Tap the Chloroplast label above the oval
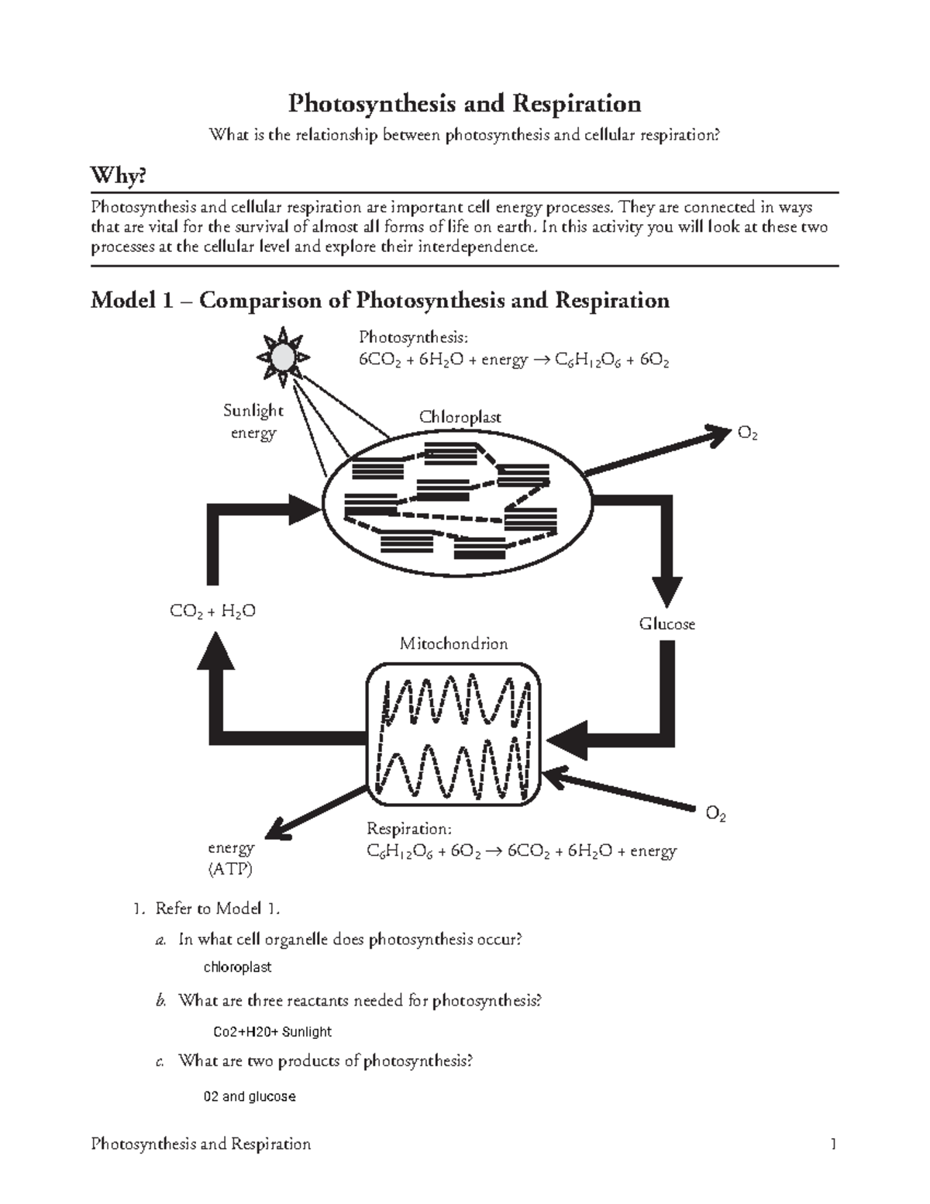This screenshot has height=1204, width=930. coord(460,417)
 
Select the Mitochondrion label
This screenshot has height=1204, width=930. coord(453,643)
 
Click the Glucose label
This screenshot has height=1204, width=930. coord(666,624)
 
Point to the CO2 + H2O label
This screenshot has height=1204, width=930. coord(212,612)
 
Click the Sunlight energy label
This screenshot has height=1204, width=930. coord(253,421)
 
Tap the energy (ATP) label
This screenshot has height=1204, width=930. coord(231,858)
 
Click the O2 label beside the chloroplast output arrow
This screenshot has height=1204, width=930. coord(747,434)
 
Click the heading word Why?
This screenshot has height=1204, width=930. coord(119,177)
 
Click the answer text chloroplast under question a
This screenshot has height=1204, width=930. coord(237,968)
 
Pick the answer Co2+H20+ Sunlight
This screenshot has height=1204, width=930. coord(272,1032)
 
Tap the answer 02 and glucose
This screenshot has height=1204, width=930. coord(249,1097)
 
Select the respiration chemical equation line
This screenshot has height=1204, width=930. coord(521,851)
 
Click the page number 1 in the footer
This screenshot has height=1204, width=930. coord(833,1144)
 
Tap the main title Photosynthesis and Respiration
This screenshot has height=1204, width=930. coord(464,103)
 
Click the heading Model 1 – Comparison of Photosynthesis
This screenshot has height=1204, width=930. coord(380,300)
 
